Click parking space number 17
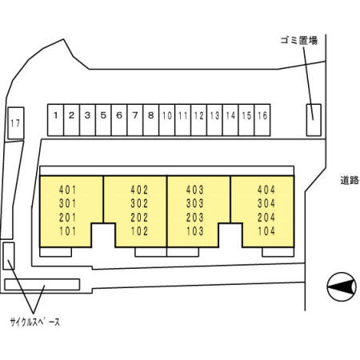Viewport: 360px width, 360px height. pyautogui.click(x=16, y=123)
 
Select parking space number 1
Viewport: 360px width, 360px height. pyautogui.click(x=55, y=120)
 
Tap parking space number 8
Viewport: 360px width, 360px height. pyautogui.click(x=151, y=120)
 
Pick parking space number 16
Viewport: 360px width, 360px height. pyautogui.click(x=262, y=120)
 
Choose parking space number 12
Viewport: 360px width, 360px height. pyautogui.click(x=198, y=120)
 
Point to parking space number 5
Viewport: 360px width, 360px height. pyautogui.click(x=103, y=120)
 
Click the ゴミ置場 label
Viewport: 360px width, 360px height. pyautogui.click(x=299, y=41)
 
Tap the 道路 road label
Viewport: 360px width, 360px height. pyautogui.click(x=350, y=181)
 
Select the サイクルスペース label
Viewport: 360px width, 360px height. pyautogui.click(x=35, y=322)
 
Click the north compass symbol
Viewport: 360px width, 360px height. pyautogui.click(x=342, y=287)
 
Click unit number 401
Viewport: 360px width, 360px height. pyautogui.click(x=68, y=190)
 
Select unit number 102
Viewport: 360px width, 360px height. pyautogui.click(x=139, y=231)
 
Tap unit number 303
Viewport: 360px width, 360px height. pyautogui.click(x=195, y=203)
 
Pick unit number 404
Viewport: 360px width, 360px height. pyautogui.click(x=266, y=190)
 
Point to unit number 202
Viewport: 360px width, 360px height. pyautogui.click(x=139, y=218)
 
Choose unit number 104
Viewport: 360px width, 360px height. pyautogui.click(x=266, y=231)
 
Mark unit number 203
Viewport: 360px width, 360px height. pyautogui.click(x=195, y=218)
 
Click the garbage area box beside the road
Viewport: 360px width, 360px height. pyautogui.click(x=314, y=120)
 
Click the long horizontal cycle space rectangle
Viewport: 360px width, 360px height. pyautogui.click(x=42, y=285)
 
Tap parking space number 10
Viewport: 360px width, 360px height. pyautogui.click(x=167, y=120)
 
